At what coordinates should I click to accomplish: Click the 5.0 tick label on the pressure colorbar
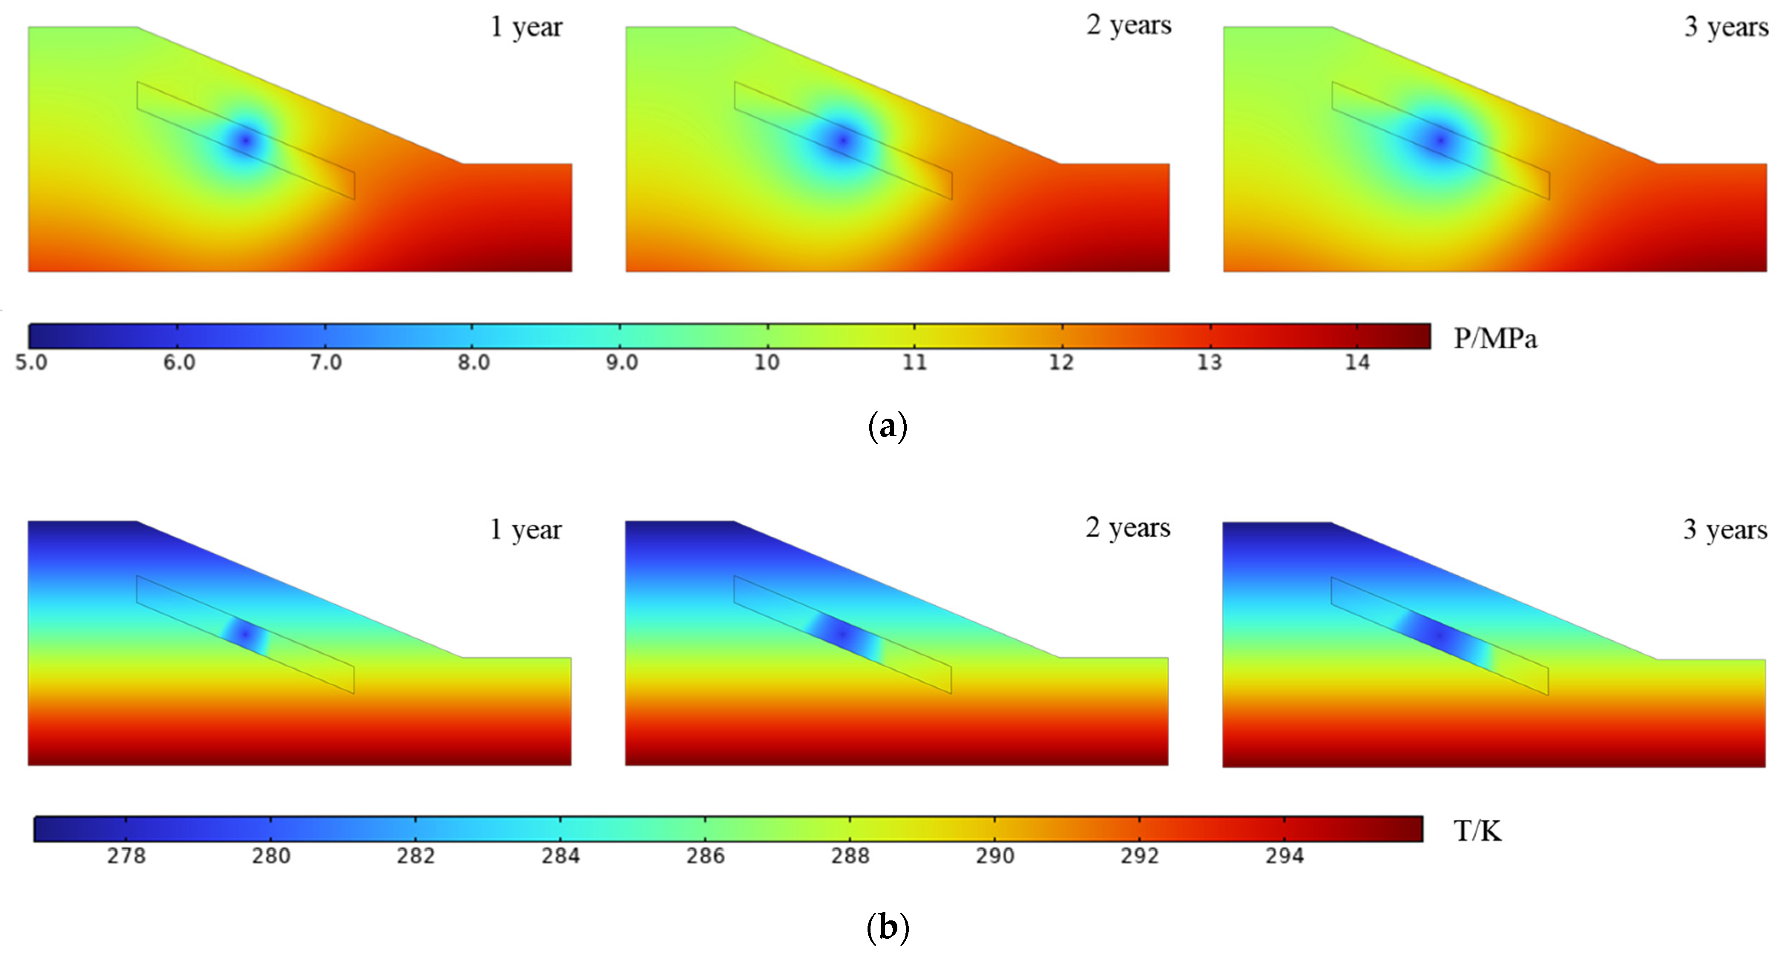point(31,362)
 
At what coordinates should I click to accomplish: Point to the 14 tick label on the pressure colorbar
point(1357,362)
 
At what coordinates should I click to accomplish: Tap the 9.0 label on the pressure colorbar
point(621,362)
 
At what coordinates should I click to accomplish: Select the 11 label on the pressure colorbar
point(914,362)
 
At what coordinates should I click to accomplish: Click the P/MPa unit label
point(1495,339)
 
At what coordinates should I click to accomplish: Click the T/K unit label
point(1477,831)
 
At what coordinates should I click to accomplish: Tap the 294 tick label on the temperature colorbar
point(1284,856)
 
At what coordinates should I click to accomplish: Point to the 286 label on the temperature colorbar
point(705,856)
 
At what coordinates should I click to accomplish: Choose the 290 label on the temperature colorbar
point(995,856)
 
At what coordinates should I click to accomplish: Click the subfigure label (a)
point(888,425)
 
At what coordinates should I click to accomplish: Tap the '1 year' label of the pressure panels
point(526,28)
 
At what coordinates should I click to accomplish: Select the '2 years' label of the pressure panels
point(1129,26)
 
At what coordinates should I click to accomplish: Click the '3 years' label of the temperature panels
point(1725,530)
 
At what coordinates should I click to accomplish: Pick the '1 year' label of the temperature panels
point(525,530)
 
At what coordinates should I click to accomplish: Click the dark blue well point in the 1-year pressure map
point(244,141)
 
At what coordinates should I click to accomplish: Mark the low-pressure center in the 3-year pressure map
point(1440,141)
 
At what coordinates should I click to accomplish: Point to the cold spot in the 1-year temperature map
point(244,633)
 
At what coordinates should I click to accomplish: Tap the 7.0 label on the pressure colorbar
point(326,362)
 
